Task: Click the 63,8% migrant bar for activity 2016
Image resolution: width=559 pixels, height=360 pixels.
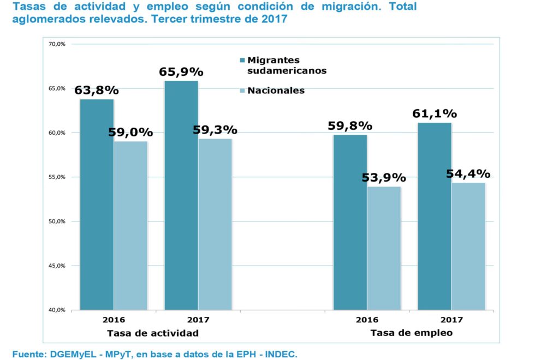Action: point(97,205)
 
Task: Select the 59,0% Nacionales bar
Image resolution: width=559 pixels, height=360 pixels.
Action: point(130,225)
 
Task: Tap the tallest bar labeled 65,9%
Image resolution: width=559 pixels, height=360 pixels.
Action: point(181,195)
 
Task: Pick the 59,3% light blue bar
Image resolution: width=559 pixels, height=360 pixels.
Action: point(215,224)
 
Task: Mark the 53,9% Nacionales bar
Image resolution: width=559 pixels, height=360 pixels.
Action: point(384,248)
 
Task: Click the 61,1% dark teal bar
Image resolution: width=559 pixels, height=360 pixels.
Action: point(435,216)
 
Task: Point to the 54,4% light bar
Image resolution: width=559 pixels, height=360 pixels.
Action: point(468,246)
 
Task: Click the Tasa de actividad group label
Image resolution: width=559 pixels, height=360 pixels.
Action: point(152,333)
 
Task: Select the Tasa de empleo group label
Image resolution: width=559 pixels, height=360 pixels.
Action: point(412,333)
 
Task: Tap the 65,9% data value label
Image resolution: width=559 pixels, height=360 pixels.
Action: point(181,72)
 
